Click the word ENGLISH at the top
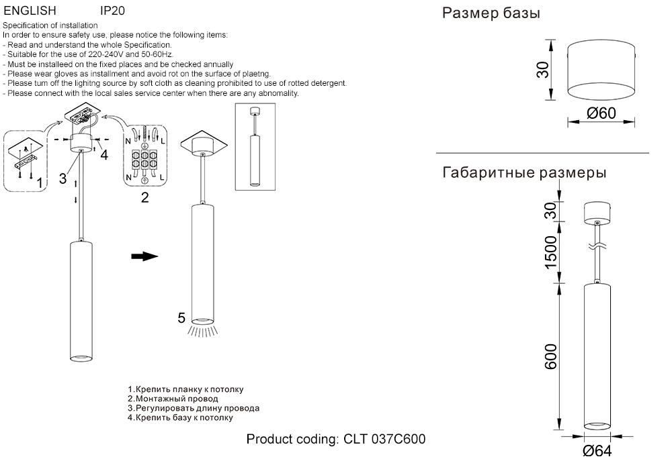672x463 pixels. [x=30, y=11]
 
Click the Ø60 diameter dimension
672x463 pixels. [x=601, y=113]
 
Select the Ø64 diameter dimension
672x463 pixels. [x=597, y=451]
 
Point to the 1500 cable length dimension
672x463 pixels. [x=551, y=252]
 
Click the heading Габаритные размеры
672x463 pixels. [x=524, y=172]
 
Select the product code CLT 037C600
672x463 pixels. [x=384, y=440]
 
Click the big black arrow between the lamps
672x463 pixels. [x=144, y=256]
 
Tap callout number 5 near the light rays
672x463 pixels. [x=181, y=318]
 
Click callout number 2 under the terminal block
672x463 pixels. [x=144, y=197]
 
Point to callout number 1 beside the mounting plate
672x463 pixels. [x=40, y=183]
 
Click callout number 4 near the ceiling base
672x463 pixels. [x=103, y=156]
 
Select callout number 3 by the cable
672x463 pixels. [x=62, y=178]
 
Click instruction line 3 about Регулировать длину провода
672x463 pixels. [x=194, y=408]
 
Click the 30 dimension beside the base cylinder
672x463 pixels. [x=542, y=69]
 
